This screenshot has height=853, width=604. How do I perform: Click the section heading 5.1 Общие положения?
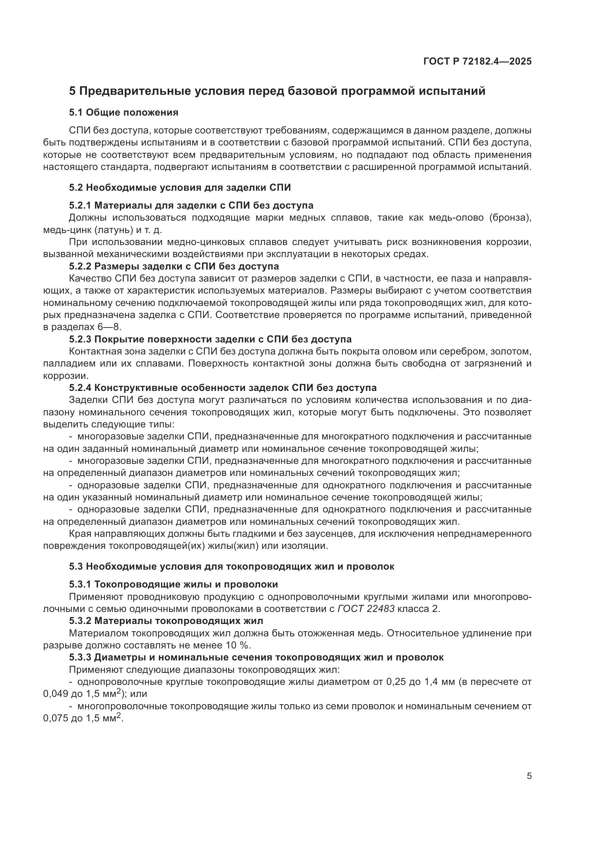(x=123, y=113)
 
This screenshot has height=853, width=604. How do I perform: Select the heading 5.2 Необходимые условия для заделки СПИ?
(x=180, y=187)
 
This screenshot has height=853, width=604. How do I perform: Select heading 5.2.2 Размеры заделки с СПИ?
(x=174, y=266)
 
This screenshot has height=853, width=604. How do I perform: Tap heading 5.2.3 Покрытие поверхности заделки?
(x=210, y=339)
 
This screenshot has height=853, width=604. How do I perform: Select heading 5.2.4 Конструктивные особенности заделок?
(x=222, y=388)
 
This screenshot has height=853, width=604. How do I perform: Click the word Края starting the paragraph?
(x=79, y=534)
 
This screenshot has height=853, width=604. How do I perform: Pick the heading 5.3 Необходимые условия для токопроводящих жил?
(x=231, y=567)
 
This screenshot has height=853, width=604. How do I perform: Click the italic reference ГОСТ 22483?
(x=366, y=609)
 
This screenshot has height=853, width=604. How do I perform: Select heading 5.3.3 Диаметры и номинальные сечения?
(x=256, y=658)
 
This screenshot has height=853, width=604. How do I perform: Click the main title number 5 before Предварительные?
(x=72, y=92)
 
